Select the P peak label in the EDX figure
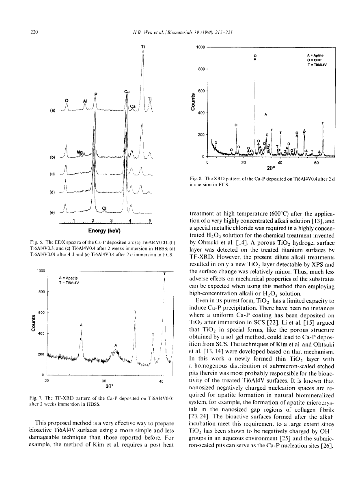click(96, 94)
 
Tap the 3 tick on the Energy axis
click(111, 221)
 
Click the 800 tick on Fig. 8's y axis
click(200, 69)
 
